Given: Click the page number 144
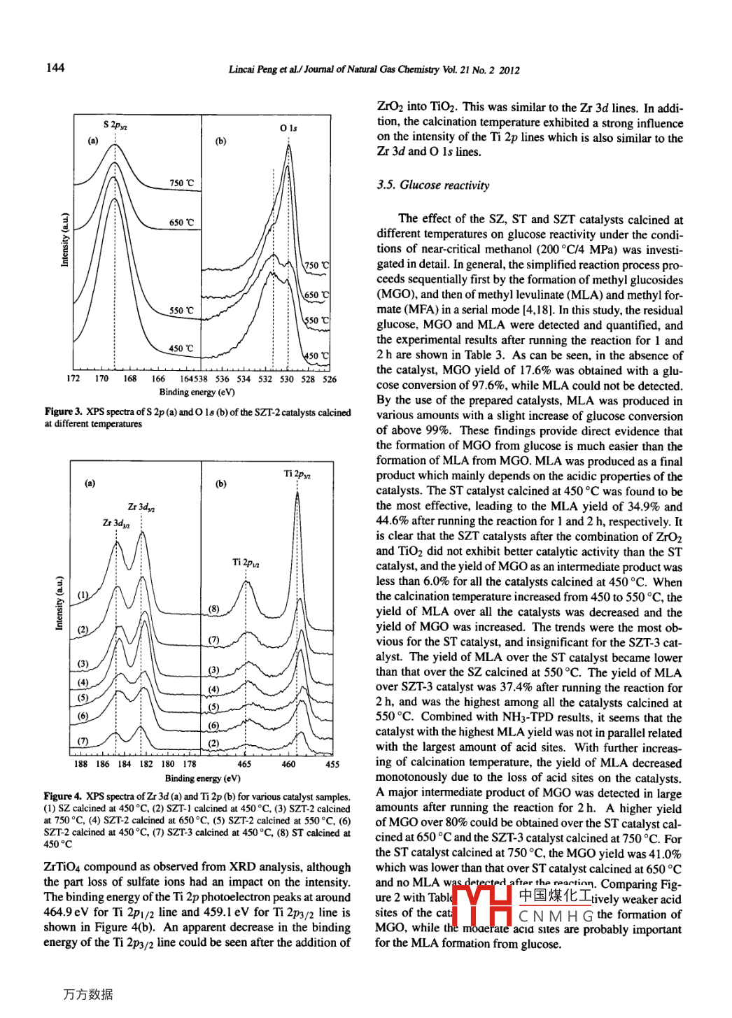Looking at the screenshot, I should pos(55,67).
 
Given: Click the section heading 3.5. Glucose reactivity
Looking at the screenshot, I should pos(432,185).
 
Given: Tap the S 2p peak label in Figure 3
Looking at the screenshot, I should pos(115,125).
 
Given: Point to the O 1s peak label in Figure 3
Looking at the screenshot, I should pos(288,128).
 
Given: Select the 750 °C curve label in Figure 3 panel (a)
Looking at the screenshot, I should pos(181,183).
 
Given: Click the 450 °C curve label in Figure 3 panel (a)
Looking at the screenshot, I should pos(181,348).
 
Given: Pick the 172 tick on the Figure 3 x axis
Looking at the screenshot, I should pos(73,379).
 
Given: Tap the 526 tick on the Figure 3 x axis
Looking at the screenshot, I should pos(329,379).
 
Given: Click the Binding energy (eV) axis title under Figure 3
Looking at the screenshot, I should pos(197,392).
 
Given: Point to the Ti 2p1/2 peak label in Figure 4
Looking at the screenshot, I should pos(246,563).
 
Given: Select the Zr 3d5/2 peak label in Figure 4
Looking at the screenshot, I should pos(141,507).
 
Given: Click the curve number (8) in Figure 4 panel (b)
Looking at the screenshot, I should pos(213,609).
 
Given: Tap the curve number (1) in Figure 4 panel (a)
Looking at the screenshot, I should pos(83,595).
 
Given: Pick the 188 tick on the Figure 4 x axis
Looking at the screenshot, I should pos(80,764).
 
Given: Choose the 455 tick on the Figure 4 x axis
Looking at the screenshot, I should pos(332,764).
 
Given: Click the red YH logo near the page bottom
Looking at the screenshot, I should pos(483,906).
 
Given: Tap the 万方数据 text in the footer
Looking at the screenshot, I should pos(87,994).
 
